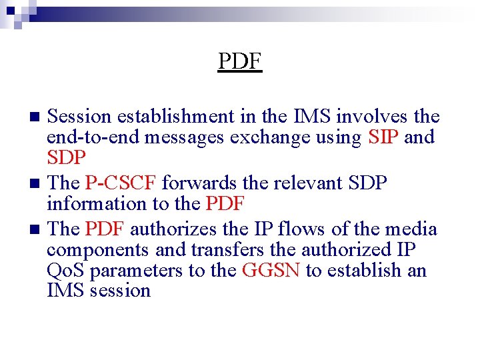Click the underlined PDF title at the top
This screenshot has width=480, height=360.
click(x=240, y=61)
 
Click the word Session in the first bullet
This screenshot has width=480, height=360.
click(x=80, y=117)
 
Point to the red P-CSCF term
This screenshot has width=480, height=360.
click(x=121, y=183)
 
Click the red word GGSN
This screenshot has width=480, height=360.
click(x=275, y=270)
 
